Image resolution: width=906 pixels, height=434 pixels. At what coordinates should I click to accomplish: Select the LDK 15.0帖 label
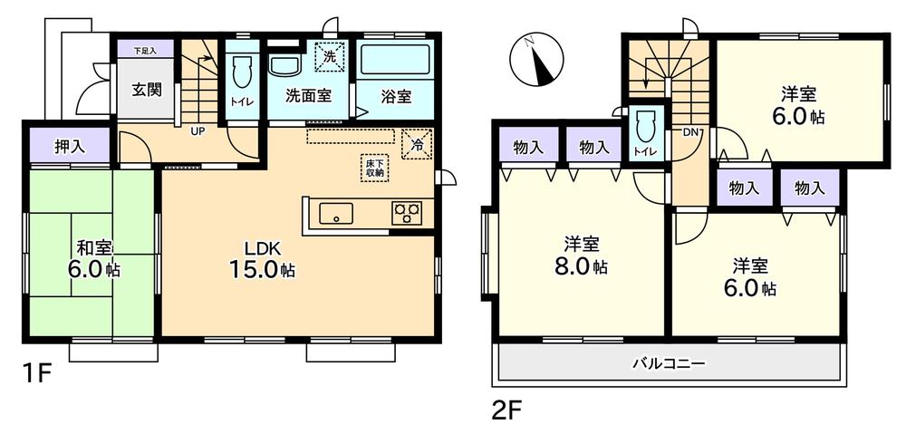[x=260, y=258]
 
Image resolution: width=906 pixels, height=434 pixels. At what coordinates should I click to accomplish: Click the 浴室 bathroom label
[x=396, y=94]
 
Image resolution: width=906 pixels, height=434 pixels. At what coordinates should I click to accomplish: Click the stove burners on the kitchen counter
[x=406, y=214]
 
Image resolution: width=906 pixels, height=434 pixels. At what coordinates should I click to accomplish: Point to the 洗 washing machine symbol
[x=328, y=56]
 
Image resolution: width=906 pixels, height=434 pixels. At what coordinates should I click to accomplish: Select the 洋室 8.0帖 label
[x=581, y=255]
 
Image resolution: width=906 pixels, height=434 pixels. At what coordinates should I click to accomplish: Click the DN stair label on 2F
[x=691, y=133]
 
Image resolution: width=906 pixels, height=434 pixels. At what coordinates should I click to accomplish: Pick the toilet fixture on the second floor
[x=645, y=126]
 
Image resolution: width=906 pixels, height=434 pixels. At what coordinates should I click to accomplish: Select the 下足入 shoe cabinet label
[x=145, y=51]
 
